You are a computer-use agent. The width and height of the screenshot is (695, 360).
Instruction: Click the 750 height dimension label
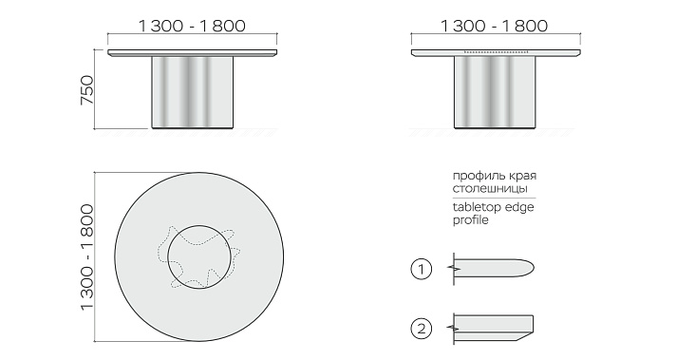[x=87, y=90]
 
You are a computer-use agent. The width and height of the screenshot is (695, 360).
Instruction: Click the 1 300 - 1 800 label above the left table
[x=192, y=26]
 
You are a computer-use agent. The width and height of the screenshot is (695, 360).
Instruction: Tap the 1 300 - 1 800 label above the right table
[x=494, y=26]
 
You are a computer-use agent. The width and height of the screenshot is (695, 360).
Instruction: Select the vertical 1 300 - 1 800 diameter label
[x=87, y=257]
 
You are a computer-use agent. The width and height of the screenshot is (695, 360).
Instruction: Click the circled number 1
[x=421, y=269]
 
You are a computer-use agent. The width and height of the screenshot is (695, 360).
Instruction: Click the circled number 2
[x=421, y=329]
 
